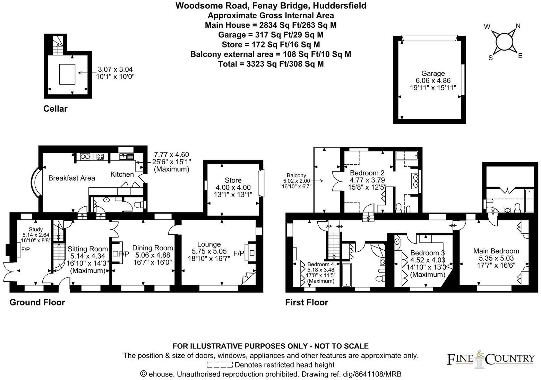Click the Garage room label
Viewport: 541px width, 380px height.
pyautogui.click(x=433, y=74)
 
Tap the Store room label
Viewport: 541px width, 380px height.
pyautogui.click(x=233, y=180)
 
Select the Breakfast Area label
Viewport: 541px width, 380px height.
pyautogui.click(x=71, y=178)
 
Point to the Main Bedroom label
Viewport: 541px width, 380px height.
pyautogui.click(x=496, y=251)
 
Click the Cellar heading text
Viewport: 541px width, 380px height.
pyautogui.click(x=55, y=109)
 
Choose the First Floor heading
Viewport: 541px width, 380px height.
pyautogui.click(x=306, y=302)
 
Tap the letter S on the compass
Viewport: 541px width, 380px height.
pyautogui.click(x=490, y=58)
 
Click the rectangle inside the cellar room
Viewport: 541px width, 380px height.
pyautogui.click(x=67, y=74)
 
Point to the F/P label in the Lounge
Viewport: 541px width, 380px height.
pyautogui.click(x=239, y=253)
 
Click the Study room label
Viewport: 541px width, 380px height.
pyautogui.click(x=36, y=230)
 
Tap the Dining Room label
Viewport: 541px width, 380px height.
pyautogui.click(x=153, y=248)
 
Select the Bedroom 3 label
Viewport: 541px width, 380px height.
pyautogui.click(x=427, y=253)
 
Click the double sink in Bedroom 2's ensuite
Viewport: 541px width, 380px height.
pyautogui.click(x=415, y=181)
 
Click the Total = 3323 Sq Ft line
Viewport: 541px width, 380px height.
pyautogui.click(x=270, y=64)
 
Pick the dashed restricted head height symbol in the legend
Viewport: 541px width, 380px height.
pyautogui.click(x=219, y=365)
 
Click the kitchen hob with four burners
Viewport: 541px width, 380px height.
pyautogui.click(x=100, y=157)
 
